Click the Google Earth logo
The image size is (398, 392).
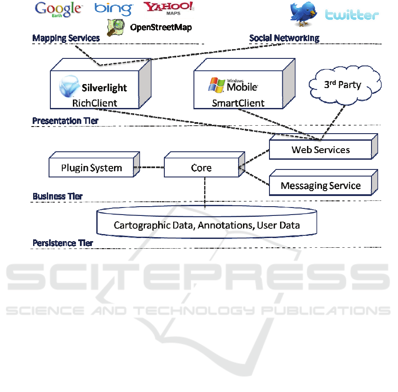pos(58,9)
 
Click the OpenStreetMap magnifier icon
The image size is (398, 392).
pos(115,27)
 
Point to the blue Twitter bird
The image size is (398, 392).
pos(304,13)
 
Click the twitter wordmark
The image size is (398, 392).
pos(352,15)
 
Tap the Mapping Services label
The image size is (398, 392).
pos(66,38)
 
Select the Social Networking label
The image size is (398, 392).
pos(284,38)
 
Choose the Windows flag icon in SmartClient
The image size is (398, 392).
pos(216,85)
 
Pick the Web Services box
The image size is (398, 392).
pos(320,150)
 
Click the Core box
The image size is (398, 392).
pos(201,168)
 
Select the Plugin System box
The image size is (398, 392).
pos(91,168)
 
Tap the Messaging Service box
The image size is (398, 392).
pos(320,186)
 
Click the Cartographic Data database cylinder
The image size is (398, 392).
pos(207,225)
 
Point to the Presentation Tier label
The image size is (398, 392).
pos(65,121)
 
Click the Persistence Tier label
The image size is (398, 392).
pos(63,243)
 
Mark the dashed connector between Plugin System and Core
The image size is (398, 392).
pos(149,167)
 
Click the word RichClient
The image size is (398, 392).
pos(95,103)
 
